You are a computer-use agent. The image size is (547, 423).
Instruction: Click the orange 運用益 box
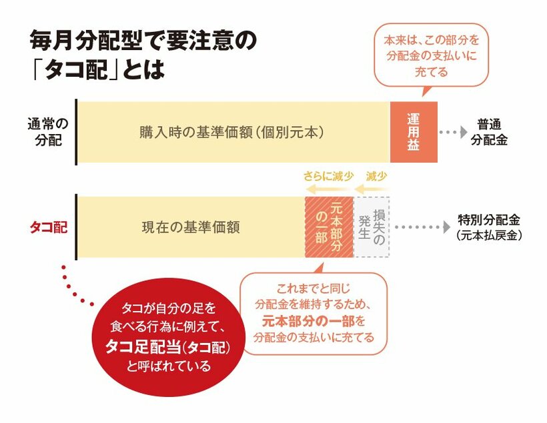pos(414,132)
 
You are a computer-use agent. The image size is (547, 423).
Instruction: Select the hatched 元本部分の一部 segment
pos(330,227)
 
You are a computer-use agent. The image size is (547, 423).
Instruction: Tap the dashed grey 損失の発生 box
pos(372,227)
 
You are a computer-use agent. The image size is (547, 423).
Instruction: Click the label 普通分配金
pos(489,132)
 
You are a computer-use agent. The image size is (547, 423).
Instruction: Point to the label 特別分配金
pos(489,220)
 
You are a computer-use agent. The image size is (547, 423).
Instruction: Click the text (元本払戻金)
pos(489,236)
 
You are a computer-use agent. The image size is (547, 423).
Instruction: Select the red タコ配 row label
pos(49,228)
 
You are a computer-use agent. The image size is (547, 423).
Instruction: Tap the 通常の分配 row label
pos(48,132)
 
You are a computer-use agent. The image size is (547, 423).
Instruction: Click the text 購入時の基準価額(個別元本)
pos(231,132)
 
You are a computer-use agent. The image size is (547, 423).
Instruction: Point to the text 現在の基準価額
pos(191,228)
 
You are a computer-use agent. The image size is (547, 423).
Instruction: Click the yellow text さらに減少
pos(328,176)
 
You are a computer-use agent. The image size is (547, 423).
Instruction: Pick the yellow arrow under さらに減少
pos(329,189)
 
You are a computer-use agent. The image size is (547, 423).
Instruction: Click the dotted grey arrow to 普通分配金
pos(453,132)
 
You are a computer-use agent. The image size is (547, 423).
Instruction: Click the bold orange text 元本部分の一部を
pos(314,321)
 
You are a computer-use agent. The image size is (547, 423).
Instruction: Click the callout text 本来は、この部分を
pos(432,40)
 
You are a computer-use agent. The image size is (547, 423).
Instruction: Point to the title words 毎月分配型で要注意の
pos(143,41)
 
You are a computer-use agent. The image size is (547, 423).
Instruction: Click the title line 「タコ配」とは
pos(98,69)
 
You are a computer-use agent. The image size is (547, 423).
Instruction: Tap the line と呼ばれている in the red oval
pos(169,366)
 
